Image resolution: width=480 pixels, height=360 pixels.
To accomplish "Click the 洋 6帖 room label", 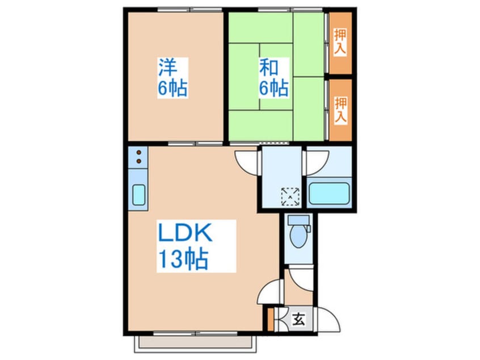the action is point(172,78).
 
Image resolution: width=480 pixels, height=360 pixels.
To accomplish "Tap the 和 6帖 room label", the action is point(273,78).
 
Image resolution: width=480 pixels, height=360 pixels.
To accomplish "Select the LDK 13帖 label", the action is point(196,246).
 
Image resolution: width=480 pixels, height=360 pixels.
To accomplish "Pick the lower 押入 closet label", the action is point(340,110).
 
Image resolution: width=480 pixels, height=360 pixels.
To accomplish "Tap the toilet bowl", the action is point(298,236).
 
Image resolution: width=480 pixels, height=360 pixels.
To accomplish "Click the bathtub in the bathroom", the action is point(329,193).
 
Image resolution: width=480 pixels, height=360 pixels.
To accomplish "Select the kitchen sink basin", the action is point(138,195).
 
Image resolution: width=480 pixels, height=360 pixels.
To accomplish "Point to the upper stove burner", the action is point(138,152).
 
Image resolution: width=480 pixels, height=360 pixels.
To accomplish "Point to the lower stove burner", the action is point(138,161).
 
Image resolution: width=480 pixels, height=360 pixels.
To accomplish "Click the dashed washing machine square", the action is point(290,196).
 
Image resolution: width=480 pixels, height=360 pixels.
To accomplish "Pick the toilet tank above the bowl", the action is point(299,220).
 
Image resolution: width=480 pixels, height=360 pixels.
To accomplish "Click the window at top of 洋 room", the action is point(190,10).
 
